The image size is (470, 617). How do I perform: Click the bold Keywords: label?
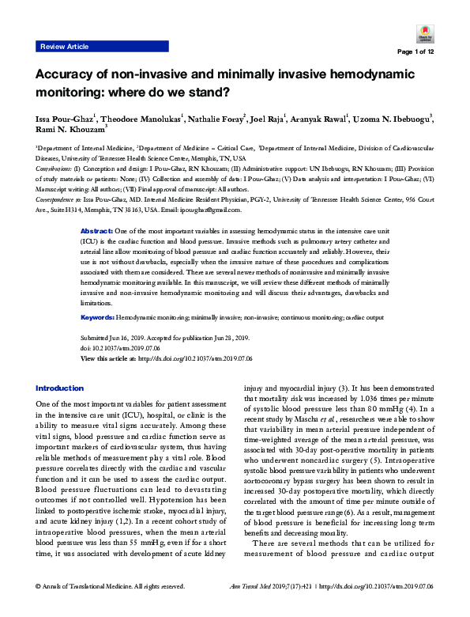coord(98,317)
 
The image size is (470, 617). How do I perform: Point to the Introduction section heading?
coord(59,388)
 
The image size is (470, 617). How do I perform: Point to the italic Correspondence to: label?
coord(58,201)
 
